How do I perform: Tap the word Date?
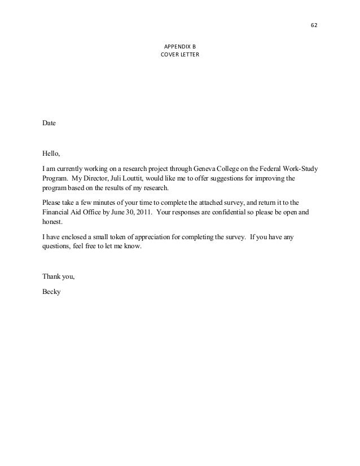[x=49, y=122]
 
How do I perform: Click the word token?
[x=117, y=238]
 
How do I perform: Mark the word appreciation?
[x=152, y=238]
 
